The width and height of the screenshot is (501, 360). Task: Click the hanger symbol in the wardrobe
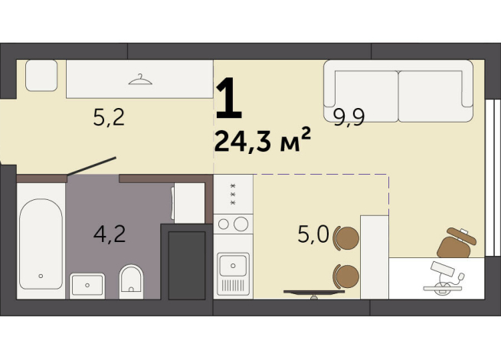click(x=140, y=80)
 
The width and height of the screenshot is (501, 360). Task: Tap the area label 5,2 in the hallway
click(x=109, y=117)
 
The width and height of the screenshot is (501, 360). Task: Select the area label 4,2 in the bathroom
click(x=110, y=234)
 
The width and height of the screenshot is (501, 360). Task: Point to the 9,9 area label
click(x=349, y=117)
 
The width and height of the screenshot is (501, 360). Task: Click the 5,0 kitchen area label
click(x=313, y=234)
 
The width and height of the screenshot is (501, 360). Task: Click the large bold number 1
click(x=228, y=99)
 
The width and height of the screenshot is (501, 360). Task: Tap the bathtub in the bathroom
click(x=41, y=244)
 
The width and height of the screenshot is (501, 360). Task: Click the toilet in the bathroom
click(x=131, y=282)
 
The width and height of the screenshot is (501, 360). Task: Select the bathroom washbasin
click(x=87, y=285)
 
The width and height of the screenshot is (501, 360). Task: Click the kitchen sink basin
click(x=233, y=266)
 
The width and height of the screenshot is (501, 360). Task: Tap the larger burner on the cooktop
click(x=241, y=224)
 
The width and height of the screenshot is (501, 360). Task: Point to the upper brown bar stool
click(x=346, y=238)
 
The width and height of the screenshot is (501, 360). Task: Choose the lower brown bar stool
click(x=346, y=277)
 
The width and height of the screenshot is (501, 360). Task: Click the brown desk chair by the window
click(x=456, y=244)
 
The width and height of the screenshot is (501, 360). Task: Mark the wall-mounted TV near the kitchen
click(x=314, y=293)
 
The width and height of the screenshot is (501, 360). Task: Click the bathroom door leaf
click(x=92, y=166)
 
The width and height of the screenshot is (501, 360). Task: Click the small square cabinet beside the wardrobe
click(x=41, y=75)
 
